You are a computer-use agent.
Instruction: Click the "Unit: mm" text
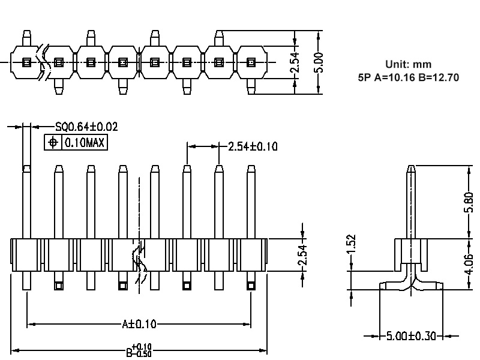pyautogui.click(x=407, y=64)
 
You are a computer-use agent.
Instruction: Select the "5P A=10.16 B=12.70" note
pyautogui.click(x=407, y=77)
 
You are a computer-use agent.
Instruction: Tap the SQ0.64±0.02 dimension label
pyautogui.click(x=86, y=127)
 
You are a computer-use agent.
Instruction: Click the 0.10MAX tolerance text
pyautogui.click(x=84, y=143)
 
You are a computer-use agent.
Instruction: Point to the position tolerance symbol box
pyautogui.click(x=53, y=143)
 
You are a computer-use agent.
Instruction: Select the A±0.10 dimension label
pyautogui.click(x=139, y=325)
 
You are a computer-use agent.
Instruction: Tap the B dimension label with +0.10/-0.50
pyautogui.click(x=139, y=350)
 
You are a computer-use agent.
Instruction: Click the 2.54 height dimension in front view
pyautogui.click(x=302, y=255)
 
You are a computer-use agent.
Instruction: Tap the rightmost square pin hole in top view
pyautogui.click(x=251, y=62)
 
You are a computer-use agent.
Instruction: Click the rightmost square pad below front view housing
pyautogui.click(x=251, y=286)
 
